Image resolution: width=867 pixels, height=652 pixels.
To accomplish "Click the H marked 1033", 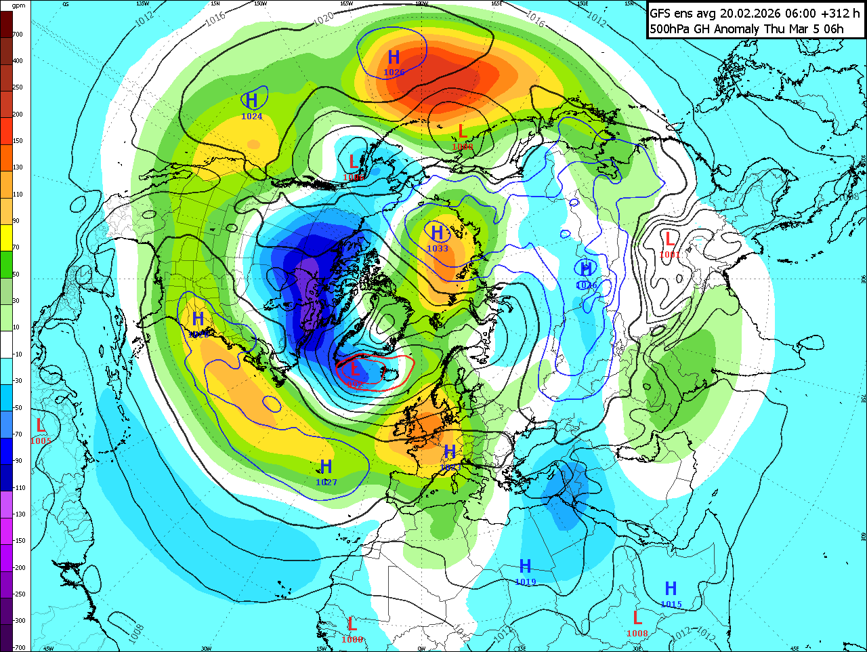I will tap(437, 234).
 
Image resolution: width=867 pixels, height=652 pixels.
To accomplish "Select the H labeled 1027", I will tap(326, 467).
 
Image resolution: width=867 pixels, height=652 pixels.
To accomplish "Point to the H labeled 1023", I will tap(450, 452).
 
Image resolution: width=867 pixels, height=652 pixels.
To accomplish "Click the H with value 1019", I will tap(525, 566).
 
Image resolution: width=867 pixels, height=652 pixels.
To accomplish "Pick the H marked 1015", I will tap(671, 588).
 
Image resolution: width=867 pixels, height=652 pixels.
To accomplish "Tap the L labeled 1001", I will tap(669, 239).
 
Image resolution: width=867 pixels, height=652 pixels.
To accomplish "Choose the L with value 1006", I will tap(353, 162).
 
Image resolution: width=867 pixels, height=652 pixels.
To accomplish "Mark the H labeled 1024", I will tap(252, 101).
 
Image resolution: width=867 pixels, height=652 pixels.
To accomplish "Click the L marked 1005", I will tap(41, 426).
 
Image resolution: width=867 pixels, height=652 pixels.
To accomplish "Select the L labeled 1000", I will tap(352, 624).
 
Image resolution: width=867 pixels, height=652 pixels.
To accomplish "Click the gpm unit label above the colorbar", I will tap(18, 5).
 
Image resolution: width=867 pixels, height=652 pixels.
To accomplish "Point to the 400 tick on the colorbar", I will tap(18, 61).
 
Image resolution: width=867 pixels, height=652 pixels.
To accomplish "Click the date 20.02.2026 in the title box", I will tap(753, 14).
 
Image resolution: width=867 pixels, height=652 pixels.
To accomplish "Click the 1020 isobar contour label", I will tap(323, 19).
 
